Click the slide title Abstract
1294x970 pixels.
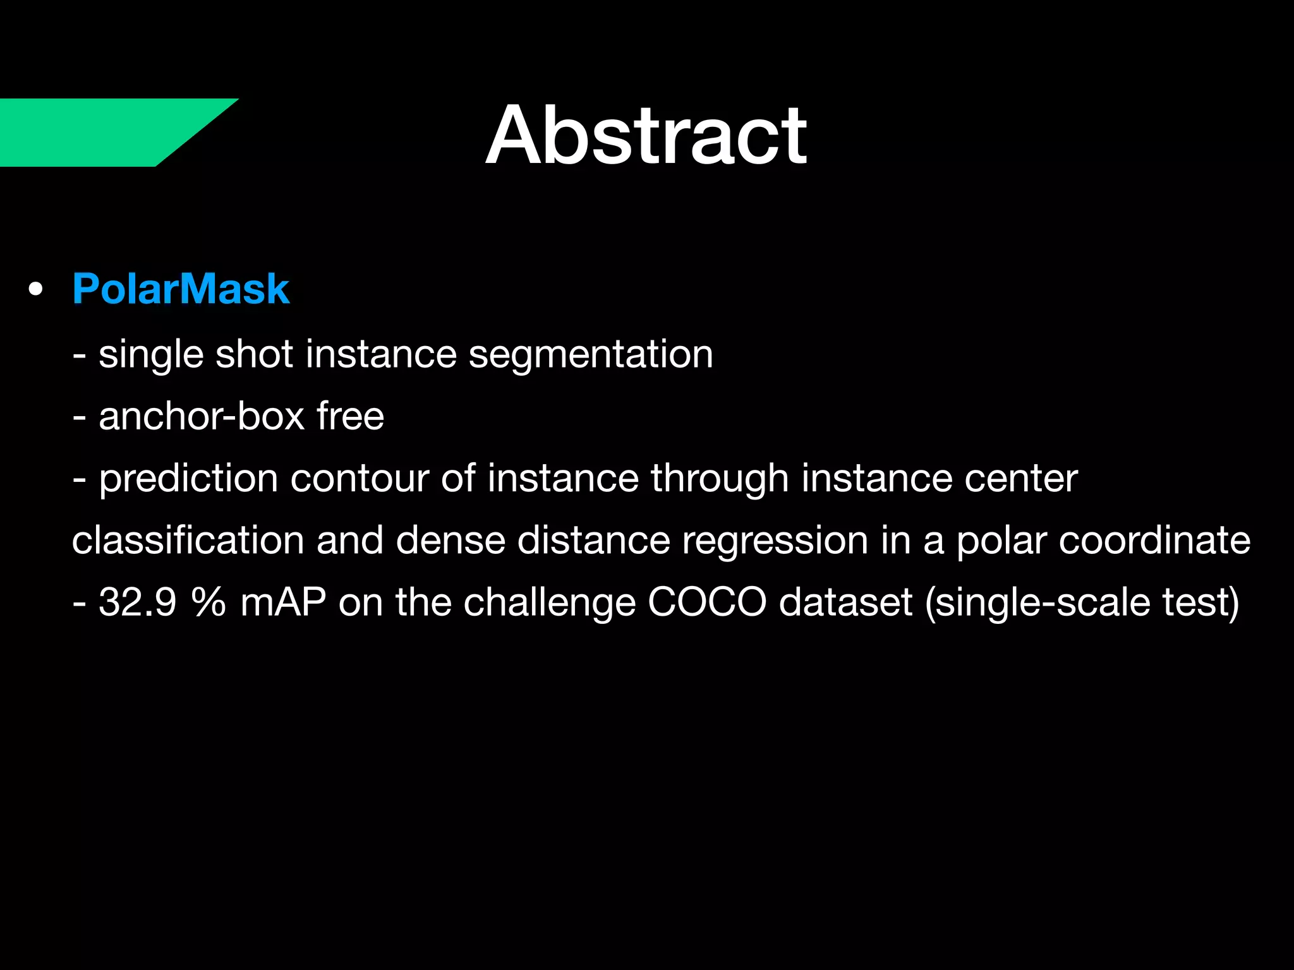click(x=646, y=136)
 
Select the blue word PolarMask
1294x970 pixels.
click(x=181, y=289)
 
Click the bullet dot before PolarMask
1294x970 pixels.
click(x=36, y=290)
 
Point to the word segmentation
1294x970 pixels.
click(x=590, y=354)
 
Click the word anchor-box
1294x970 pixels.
click(x=202, y=416)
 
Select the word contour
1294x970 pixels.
click(x=360, y=478)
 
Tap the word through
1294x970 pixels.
click(x=720, y=478)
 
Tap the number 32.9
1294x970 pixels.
click(x=137, y=602)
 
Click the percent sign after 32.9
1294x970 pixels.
click(x=209, y=602)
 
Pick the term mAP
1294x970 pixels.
click(x=283, y=602)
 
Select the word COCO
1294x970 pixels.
click(x=707, y=602)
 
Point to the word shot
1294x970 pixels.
click(x=254, y=354)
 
